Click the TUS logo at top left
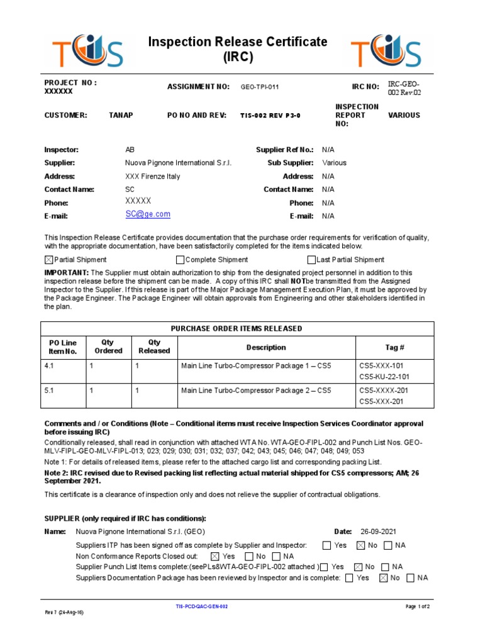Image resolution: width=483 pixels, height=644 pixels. [89, 50]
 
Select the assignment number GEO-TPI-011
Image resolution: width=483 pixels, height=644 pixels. [259, 87]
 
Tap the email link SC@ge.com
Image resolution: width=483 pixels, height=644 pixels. [148, 214]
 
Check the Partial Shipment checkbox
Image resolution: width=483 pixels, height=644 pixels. [49, 260]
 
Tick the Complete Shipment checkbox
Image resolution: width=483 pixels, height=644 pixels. [180, 260]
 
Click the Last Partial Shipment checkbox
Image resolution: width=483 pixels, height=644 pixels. [311, 260]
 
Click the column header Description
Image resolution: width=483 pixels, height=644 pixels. [266, 347]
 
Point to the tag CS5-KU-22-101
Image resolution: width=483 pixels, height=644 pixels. [384, 377]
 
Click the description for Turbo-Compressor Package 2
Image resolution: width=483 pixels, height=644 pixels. [256, 391]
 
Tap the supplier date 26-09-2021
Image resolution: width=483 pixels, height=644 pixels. [379, 532]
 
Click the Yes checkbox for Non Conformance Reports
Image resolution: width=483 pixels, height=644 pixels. [215, 557]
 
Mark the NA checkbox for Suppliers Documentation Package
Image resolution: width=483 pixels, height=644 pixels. [411, 578]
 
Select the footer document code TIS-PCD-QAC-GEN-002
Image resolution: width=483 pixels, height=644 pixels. [201, 606]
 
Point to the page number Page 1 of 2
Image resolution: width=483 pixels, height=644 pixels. [418, 606]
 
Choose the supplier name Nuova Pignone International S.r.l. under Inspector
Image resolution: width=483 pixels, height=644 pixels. [179, 163]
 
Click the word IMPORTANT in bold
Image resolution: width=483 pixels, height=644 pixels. [65, 272]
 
